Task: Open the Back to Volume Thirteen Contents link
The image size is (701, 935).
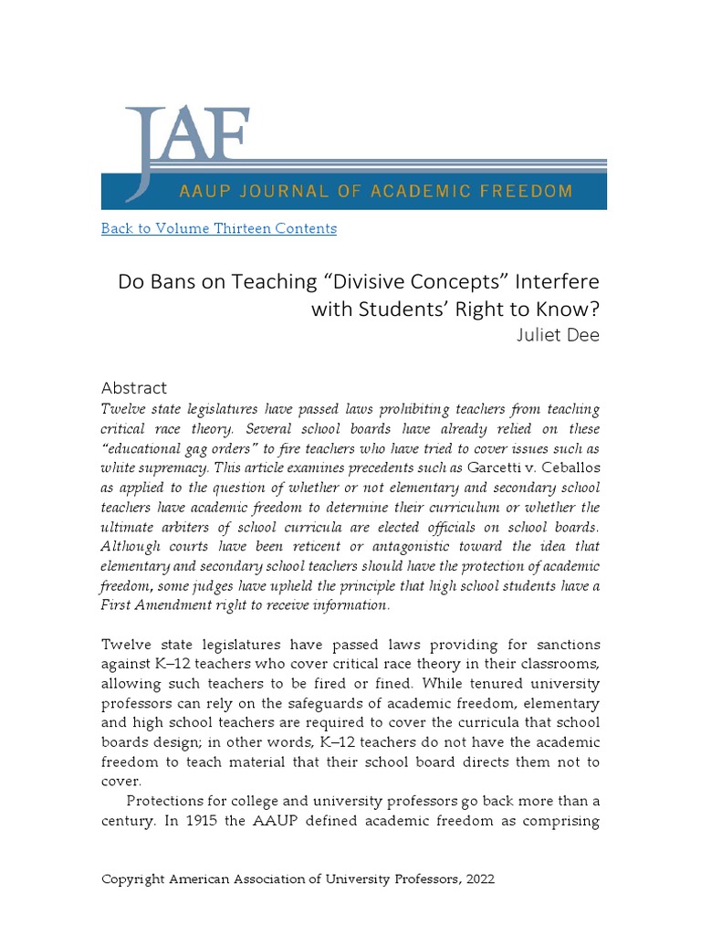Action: (x=218, y=228)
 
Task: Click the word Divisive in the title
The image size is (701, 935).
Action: (x=375, y=281)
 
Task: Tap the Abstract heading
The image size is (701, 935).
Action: (x=134, y=388)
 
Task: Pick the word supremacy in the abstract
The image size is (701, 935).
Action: (x=144, y=467)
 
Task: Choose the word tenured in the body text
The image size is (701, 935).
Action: (x=497, y=684)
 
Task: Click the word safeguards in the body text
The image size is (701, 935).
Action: (x=309, y=703)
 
